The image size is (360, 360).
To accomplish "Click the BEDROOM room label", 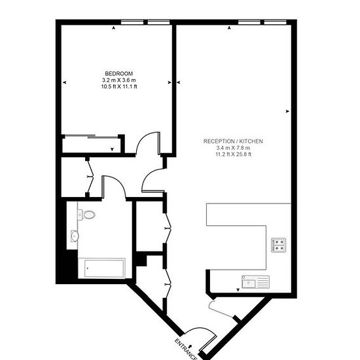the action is [118, 74].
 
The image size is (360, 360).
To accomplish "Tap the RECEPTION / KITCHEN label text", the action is [233, 141].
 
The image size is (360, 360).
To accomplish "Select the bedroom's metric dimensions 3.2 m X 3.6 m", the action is [119, 80].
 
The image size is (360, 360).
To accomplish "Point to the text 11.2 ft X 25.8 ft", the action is [233, 154].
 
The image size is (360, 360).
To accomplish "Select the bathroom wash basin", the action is [75, 236].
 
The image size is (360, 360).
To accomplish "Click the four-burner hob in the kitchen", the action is [278, 245].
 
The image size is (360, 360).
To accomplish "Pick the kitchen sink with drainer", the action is [255, 281].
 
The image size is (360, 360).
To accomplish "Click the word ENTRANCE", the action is [186, 349].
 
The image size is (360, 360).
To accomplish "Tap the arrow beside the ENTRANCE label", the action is [190, 345].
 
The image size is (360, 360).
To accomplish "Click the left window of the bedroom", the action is [132, 22].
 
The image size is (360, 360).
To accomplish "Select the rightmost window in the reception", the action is [275, 22].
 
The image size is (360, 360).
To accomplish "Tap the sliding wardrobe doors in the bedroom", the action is [92, 137].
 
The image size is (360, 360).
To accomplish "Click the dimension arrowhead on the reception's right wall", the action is [287, 111].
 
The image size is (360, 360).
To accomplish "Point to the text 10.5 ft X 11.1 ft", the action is [119, 86].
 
